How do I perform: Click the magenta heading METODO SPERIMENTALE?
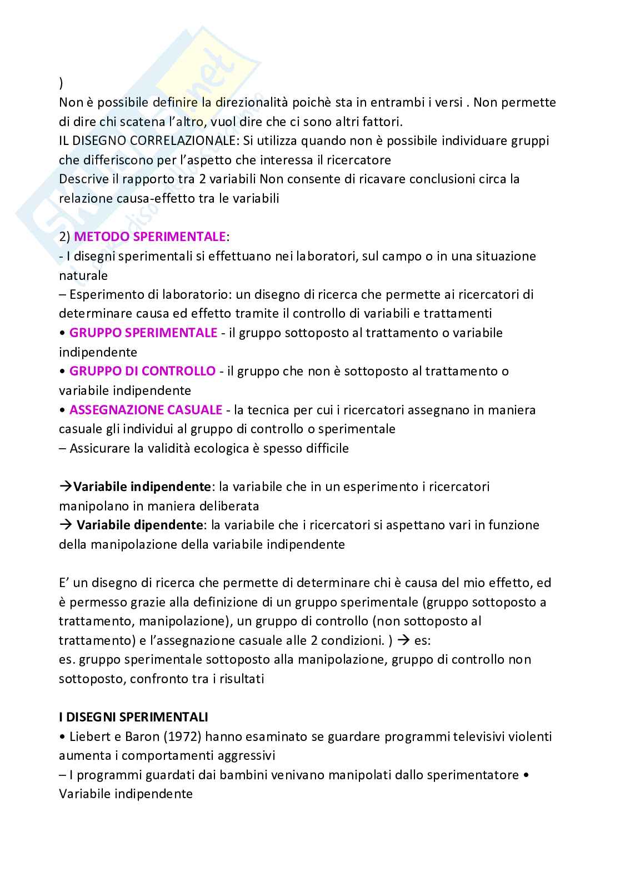click(149, 237)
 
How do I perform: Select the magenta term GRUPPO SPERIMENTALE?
click(143, 333)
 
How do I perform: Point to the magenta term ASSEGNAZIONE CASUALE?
click(146, 410)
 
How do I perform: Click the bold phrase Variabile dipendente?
click(138, 525)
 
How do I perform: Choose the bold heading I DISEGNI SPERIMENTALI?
click(133, 718)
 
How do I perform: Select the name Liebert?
click(89, 736)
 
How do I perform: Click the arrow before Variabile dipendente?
click(64, 525)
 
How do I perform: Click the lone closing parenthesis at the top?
click(61, 84)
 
